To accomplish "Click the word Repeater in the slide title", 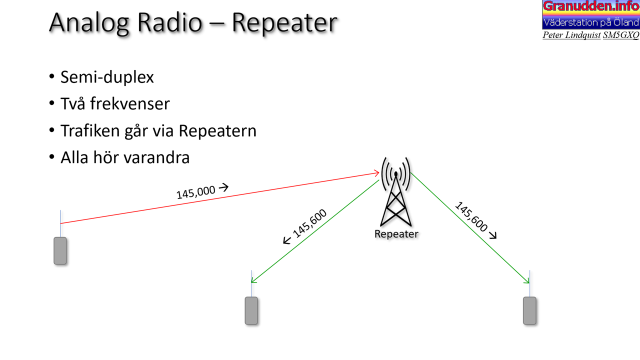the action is tap(284, 23).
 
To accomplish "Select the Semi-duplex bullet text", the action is tap(107, 77).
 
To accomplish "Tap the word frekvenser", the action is tap(130, 103).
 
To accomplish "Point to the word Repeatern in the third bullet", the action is tap(217, 131).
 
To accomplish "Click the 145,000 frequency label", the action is tap(195, 192).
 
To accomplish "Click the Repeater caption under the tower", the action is tap(396, 234).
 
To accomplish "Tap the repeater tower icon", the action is tap(396, 191).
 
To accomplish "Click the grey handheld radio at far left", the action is tap(60, 250).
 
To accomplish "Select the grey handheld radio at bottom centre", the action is tap(251, 310).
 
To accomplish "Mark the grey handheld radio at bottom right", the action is tap(529, 310).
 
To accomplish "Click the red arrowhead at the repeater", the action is tap(377, 173).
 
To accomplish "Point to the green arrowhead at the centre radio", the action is tap(253, 280).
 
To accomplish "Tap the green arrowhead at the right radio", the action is tap(527, 280).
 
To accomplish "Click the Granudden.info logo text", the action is tap(591, 6).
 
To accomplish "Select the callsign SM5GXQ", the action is tap(621, 35).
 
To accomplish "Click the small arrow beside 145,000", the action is tap(223, 187).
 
